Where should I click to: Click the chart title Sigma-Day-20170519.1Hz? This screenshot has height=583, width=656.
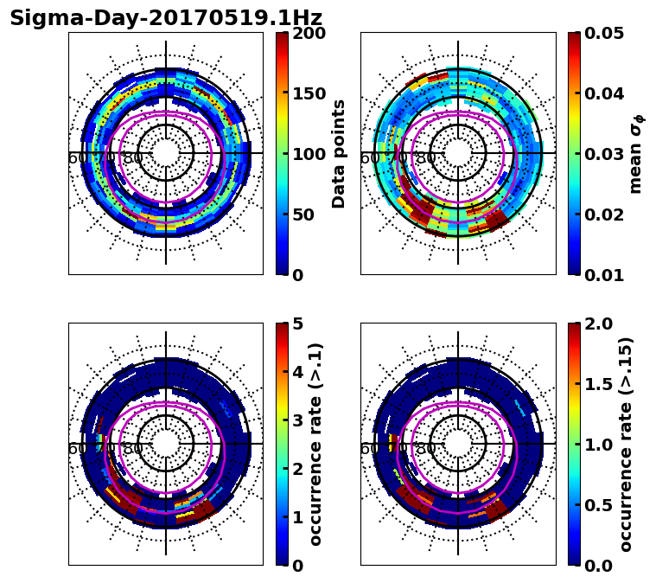click(x=166, y=18)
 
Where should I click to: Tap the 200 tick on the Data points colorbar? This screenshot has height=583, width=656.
click(x=307, y=34)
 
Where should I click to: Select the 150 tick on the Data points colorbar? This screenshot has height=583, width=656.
click(x=307, y=94)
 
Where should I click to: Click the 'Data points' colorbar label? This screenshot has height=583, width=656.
click(x=340, y=154)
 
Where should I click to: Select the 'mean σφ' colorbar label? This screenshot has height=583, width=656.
click(x=636, y=154)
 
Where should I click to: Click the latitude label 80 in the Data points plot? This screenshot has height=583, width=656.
click(x=133, y=158)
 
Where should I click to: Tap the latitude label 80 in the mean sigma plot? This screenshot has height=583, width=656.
click(x=425, y=158)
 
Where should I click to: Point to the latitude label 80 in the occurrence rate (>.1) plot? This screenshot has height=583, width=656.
click(x=133, y=449)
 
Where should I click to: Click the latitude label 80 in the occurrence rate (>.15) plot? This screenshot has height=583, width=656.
click(x=425, y=449)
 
